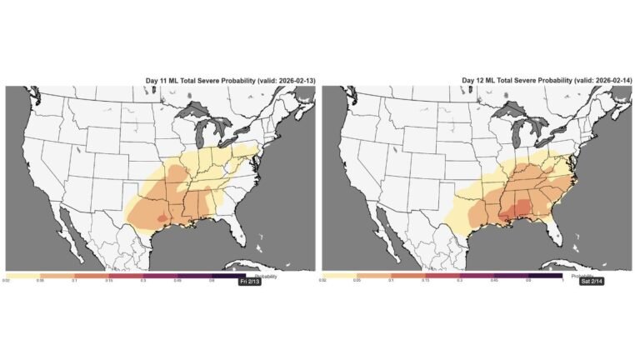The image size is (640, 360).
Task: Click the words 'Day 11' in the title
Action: tap(156, 80)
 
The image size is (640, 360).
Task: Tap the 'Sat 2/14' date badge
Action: tap(567, 283)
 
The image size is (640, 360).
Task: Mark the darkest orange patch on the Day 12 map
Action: tap(505, 212)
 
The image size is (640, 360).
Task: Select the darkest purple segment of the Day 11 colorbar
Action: tap(228, 275)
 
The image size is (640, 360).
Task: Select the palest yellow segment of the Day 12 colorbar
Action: tap(338, 275)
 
